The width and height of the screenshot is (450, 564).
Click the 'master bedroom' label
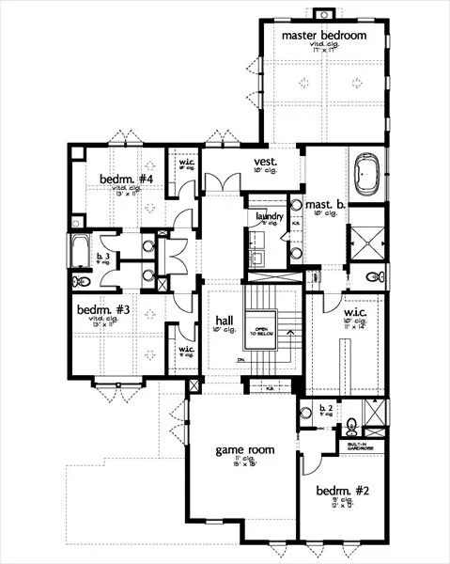click(x=324, y=35)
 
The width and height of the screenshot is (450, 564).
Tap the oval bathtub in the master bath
click(x=366, y=177)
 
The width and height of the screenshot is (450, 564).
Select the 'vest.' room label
click(x=263, y=161)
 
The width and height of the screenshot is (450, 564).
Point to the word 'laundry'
click(x=270, y=216)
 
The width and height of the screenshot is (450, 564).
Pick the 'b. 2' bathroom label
click(x=325, y=408)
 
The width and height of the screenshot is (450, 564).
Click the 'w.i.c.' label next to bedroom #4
click(x=185, y=162)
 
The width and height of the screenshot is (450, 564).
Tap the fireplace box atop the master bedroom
click(x=324, y=13)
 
